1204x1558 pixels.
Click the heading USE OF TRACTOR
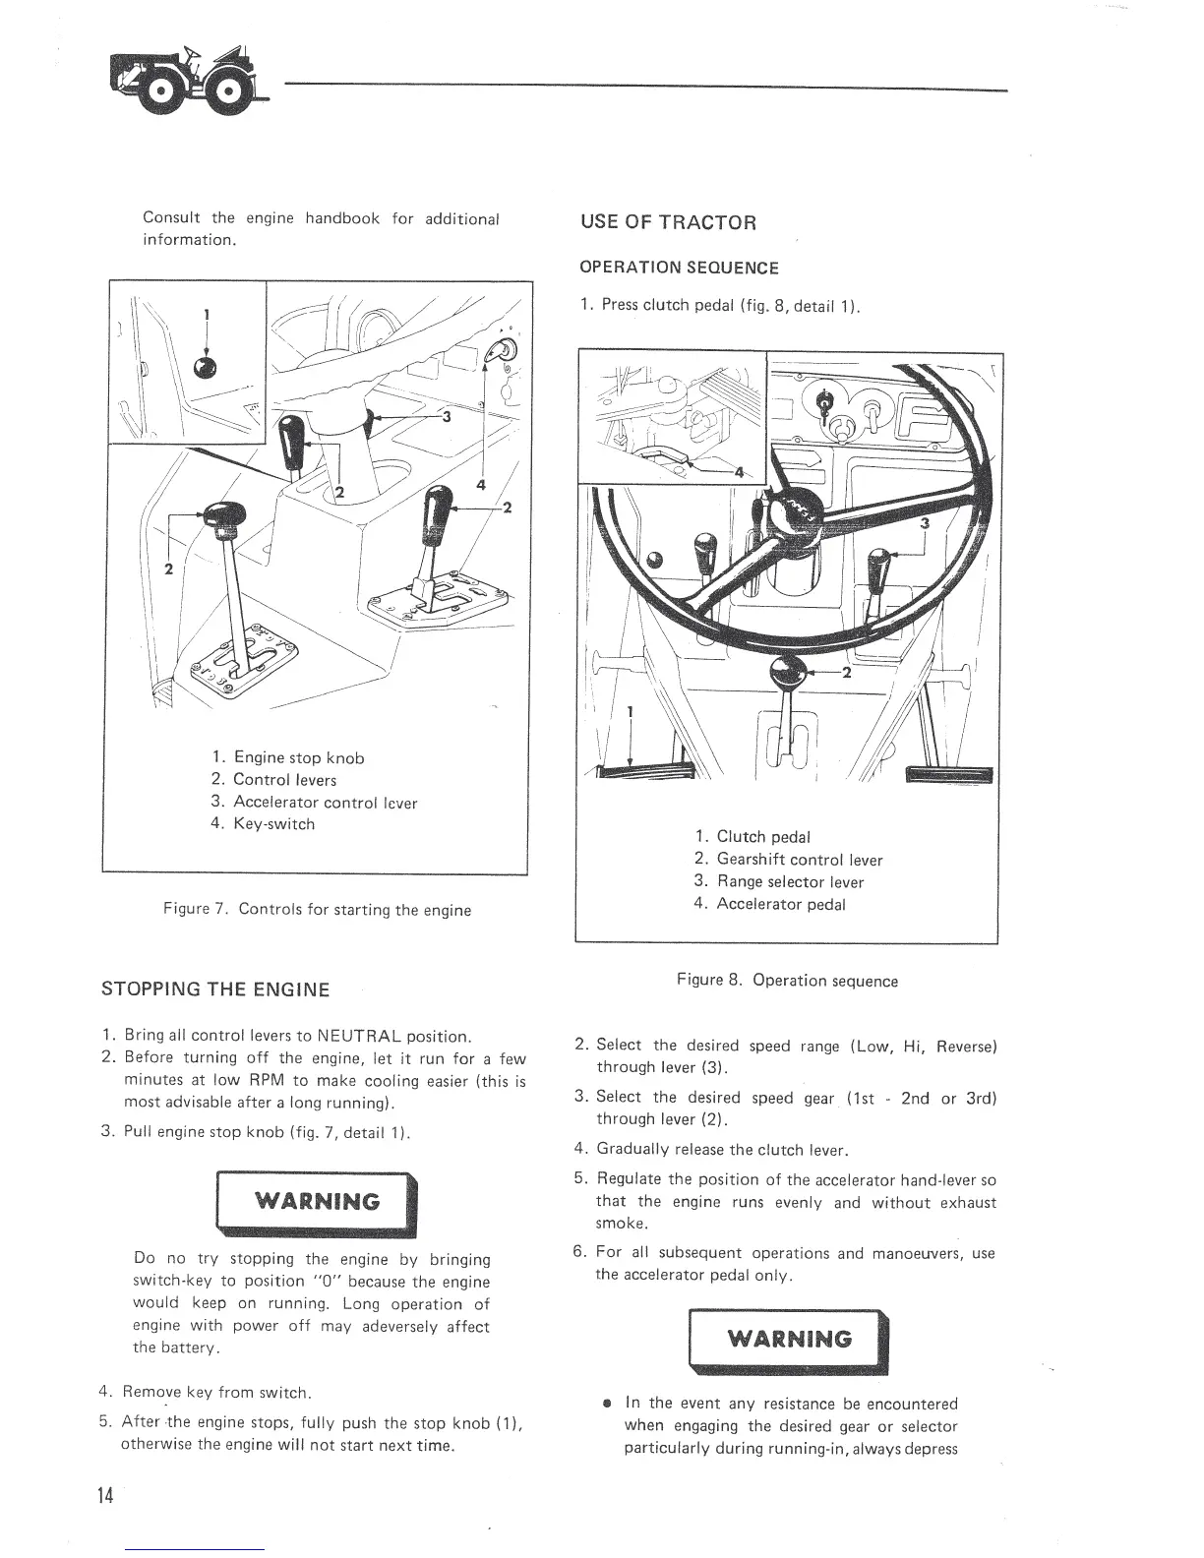coord(668,221)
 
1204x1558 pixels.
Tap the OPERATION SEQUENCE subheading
coord(679,268)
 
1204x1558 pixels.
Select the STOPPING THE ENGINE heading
coord(215,989)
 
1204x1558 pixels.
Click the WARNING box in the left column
coord(317,1201)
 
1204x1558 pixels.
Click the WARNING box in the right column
coord(789,1339)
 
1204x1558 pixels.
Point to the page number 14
coord(105,1496)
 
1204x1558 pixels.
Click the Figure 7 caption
coord(317,910)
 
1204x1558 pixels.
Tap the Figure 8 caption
coord(787,981)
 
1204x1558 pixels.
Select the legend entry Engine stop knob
coord(287,757)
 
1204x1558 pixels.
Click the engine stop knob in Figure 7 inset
coord(206,367)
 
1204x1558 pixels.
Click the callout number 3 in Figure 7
coord(447,416)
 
